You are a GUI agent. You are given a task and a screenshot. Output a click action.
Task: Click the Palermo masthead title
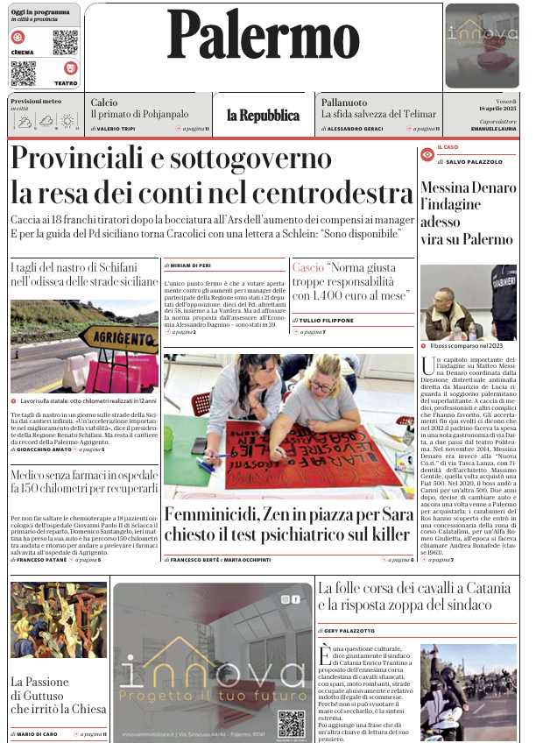pos(263,37)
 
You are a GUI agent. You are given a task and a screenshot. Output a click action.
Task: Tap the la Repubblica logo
pos(263,116)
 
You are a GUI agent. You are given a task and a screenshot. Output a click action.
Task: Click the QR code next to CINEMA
pos(65,42)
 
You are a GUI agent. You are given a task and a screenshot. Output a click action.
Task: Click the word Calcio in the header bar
pos(103,103)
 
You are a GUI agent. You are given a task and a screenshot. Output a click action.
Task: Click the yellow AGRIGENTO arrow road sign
pos(118,339)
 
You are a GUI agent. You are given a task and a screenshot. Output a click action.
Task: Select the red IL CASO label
pos(448,147)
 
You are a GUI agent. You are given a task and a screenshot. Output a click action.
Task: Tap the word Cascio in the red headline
pos(307,266)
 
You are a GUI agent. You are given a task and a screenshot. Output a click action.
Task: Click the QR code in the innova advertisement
pos(292,723)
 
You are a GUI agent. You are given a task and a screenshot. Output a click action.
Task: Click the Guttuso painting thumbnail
pos(58,619)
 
